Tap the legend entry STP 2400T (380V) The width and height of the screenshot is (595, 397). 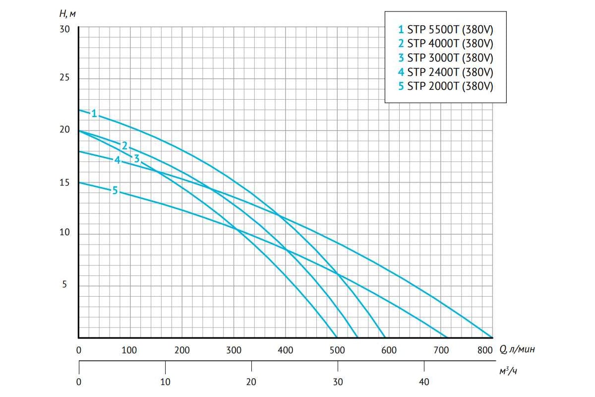tap(446, 72)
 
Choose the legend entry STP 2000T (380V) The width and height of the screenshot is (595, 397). tap(446, 86)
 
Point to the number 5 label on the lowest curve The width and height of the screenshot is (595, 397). tap(115, 190)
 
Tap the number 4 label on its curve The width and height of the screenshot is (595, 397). tap(117, 160)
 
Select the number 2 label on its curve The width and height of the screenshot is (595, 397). tap(124, 145)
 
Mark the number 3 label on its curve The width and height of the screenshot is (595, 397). tap(136, 159)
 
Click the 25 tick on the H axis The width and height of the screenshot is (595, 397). tap(64, 78)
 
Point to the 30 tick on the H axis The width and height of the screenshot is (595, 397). tap(64, 29)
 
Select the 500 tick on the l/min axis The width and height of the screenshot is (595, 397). tap(337, 350)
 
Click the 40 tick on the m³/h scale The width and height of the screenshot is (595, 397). tap(424, 382)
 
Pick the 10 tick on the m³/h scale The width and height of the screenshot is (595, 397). tap(165, 382)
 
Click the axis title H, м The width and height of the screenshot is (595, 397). tap(66, 13)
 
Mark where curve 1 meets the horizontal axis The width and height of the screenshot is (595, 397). tap(492, 337)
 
